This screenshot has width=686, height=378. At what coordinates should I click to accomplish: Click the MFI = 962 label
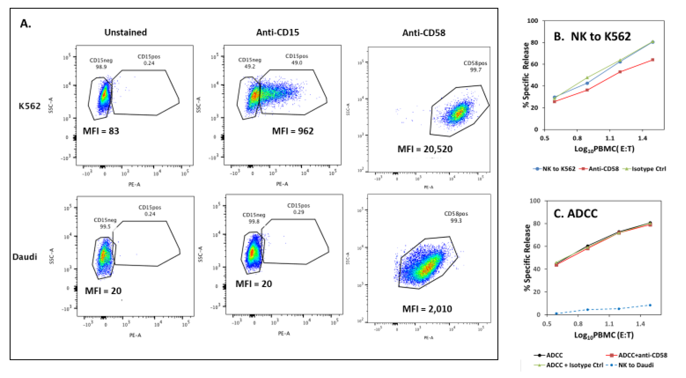tap(292, 131)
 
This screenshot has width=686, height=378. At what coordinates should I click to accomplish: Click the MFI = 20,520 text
tap(425, 149)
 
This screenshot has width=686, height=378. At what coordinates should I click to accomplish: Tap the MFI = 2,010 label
tap(427, 309)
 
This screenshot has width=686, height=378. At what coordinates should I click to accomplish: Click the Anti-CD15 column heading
tap(277, 32)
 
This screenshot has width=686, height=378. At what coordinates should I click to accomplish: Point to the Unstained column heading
tap(125, 32)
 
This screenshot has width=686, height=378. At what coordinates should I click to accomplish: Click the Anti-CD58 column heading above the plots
tap(423, 33)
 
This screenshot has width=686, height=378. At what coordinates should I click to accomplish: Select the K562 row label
tap(30, 106)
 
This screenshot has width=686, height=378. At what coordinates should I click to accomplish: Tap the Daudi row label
tap(25, 257)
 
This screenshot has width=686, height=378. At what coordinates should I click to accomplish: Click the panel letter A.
tap(26, 24)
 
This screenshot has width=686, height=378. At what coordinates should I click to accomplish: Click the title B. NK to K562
tap(592, 37)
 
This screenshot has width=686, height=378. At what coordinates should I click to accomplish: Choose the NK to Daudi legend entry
tap(635, 365)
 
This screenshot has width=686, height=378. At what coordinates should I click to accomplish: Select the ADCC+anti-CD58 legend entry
tap(642, 355)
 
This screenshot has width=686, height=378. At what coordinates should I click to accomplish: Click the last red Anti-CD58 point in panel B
tap(653, 60)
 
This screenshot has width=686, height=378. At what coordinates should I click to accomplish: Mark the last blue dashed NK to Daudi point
tap(650, 305)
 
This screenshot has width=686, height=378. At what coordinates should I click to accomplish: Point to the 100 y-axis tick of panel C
tap(535, 201)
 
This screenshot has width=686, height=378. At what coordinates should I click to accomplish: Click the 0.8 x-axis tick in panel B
tap(577, 138)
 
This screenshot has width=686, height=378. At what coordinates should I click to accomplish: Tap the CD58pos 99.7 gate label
tap(475, 66)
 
